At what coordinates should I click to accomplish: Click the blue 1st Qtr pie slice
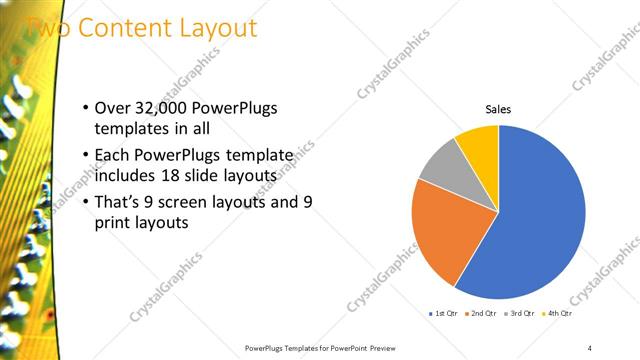(540, 220)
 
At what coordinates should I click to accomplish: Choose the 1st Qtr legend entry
(443, 314)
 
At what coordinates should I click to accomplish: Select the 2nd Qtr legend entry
(483, 314)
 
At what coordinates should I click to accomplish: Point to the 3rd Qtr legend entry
(521, 314)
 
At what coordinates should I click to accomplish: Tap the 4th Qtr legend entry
(558, 314)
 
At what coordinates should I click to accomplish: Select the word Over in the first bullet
(112, 108)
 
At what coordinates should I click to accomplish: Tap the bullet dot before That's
(86, 202)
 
